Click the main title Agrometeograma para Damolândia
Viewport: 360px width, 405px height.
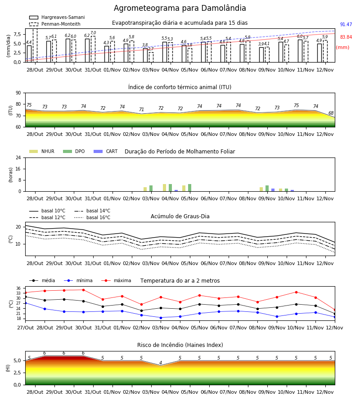point(180,8)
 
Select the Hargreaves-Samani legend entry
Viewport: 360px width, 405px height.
point(57,17)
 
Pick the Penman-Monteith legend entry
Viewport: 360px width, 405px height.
point(55,24)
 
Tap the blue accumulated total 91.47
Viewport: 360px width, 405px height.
point(346,25)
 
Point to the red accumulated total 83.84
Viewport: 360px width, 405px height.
point(346,37)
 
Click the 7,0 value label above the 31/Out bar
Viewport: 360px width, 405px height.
point(93,33)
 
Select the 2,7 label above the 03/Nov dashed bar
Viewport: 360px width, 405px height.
point(151,49)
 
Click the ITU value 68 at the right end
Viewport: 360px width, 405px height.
point(331,113)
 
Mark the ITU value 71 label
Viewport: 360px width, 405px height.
point(141,109)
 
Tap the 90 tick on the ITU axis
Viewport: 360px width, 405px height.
point(18,93)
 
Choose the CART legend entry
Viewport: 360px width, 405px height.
point(106,151)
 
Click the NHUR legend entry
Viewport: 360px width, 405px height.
point(42,151)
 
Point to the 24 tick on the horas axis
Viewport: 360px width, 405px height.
point(18,157)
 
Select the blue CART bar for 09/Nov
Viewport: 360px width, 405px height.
point(273,190)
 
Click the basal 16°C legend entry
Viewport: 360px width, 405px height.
point(92,217)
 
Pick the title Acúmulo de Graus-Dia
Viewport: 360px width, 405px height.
point(180,216)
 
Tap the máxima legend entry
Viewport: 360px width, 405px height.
point(116,280)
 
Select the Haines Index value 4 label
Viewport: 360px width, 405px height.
point(161,363)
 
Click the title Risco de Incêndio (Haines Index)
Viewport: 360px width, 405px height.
point(180,345)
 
